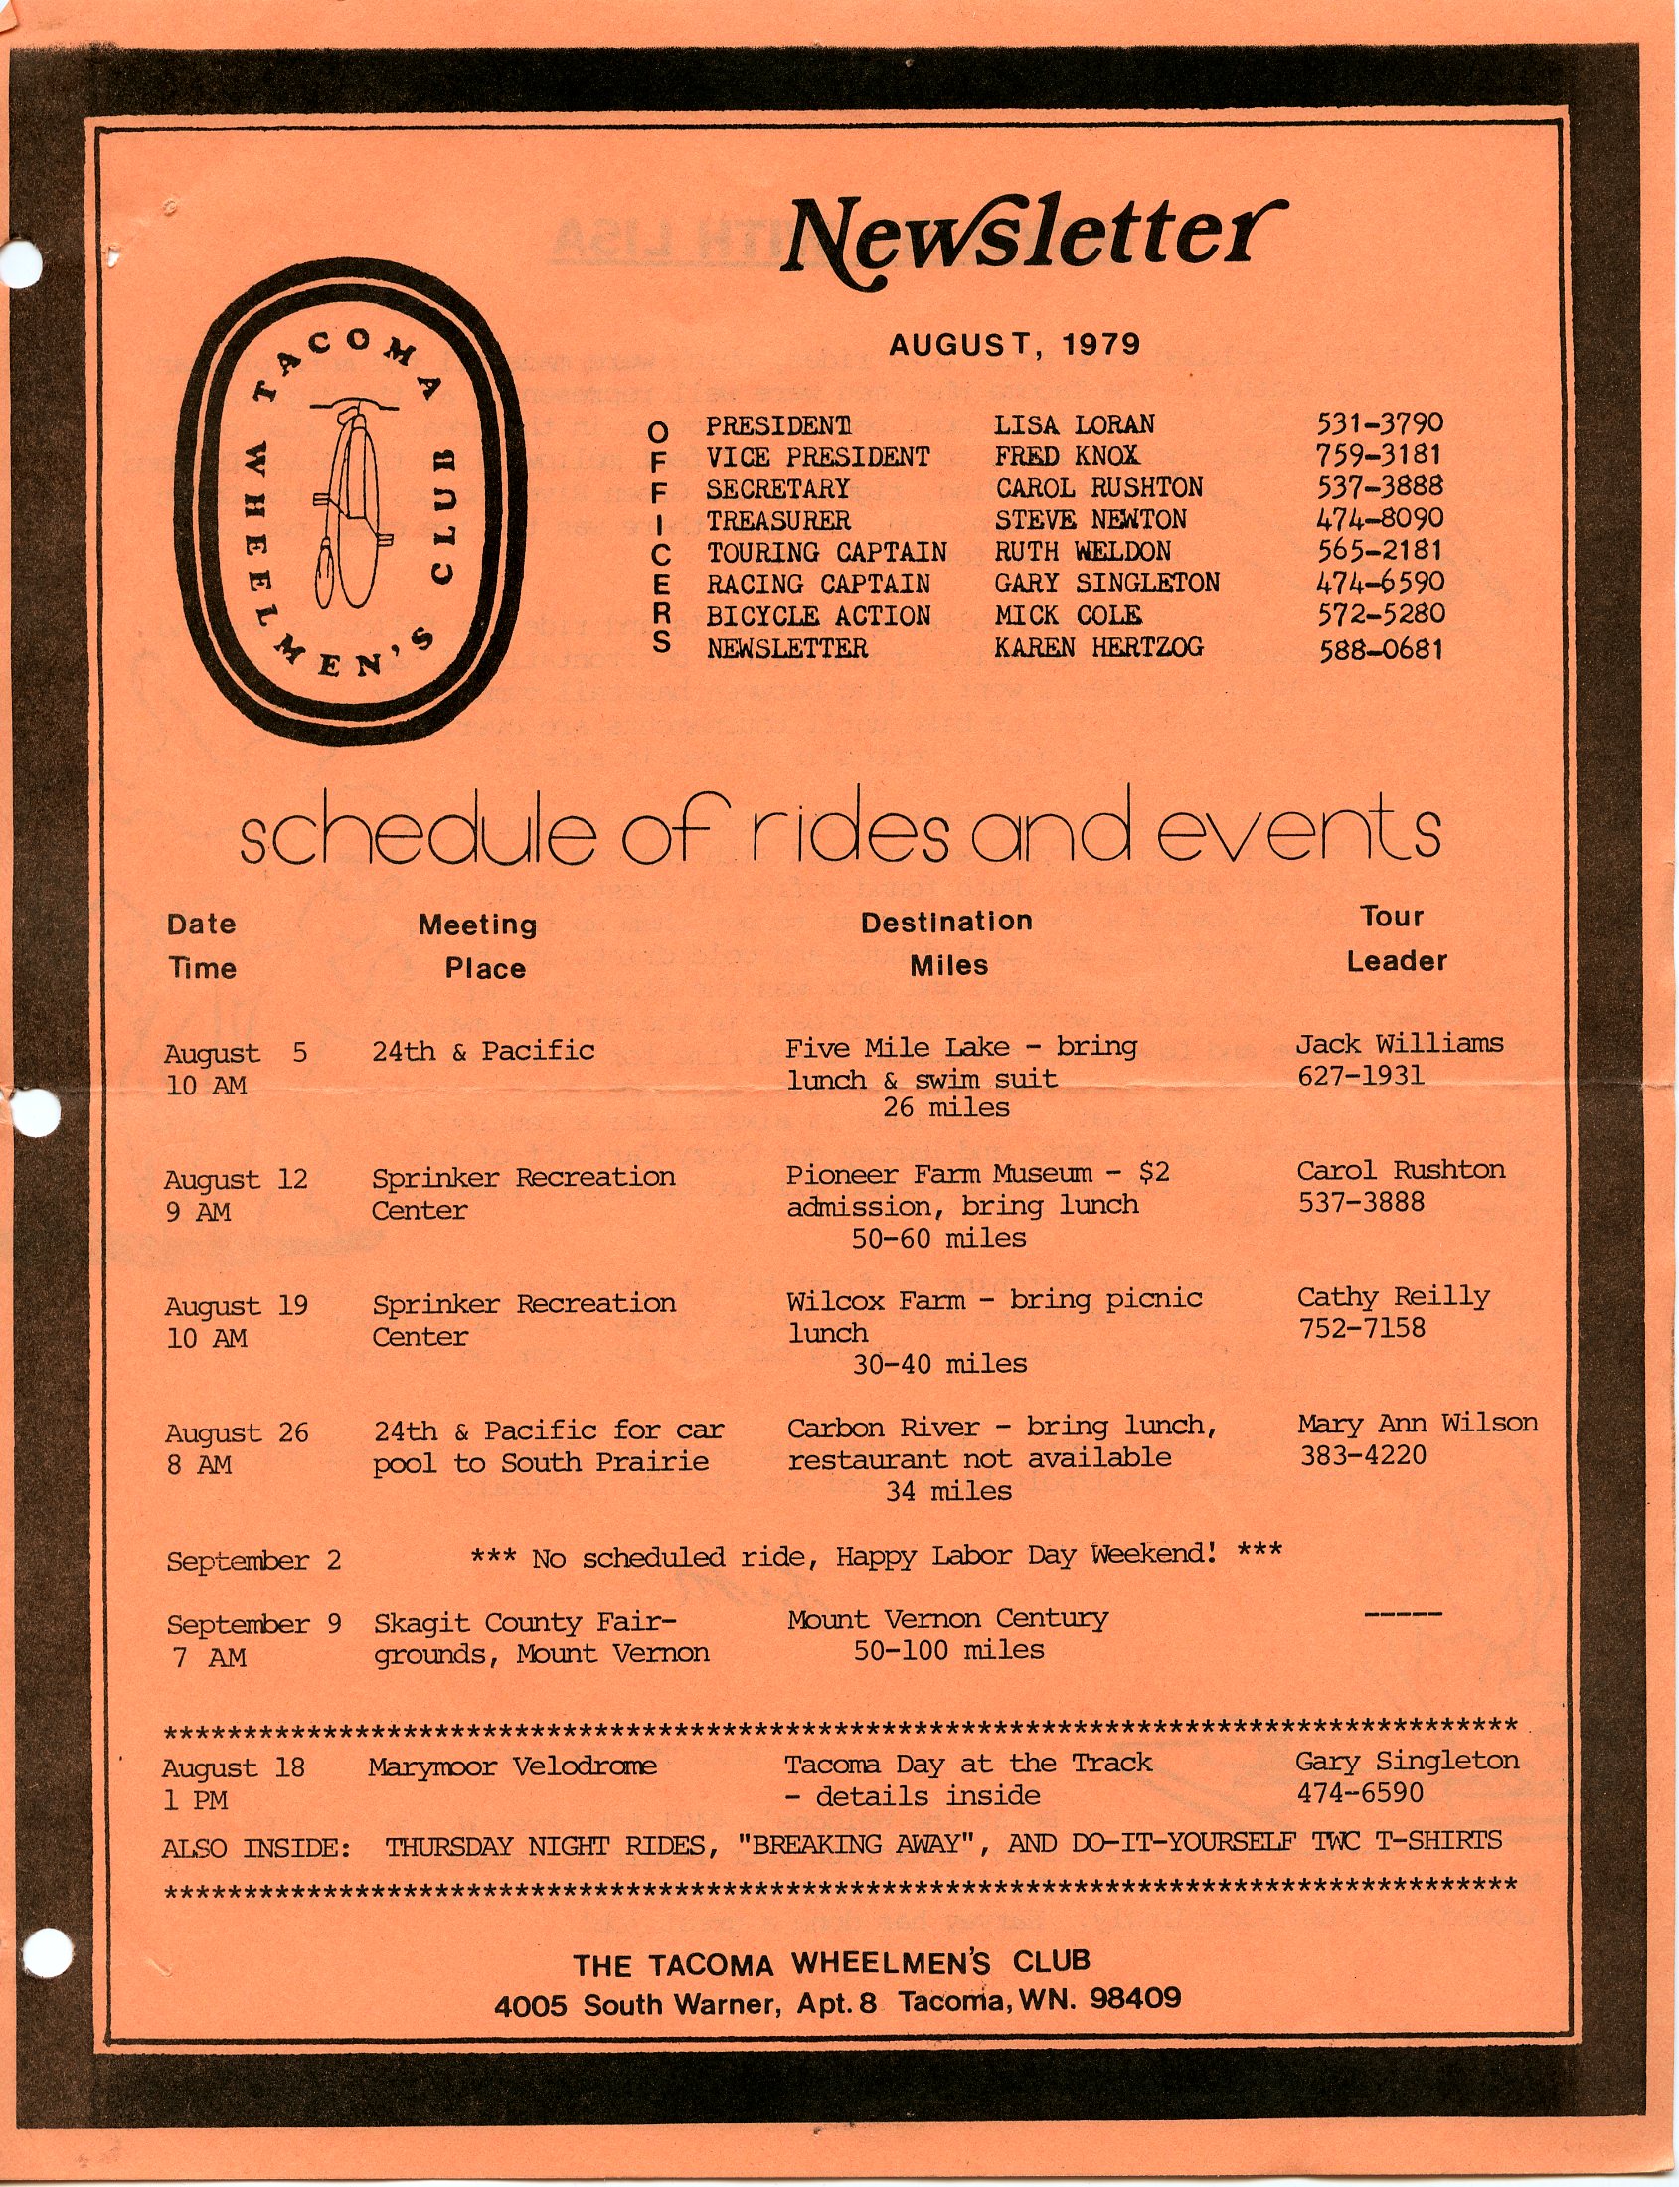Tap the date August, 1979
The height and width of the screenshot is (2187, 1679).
1014,345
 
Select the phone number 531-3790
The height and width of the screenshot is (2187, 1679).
1379,423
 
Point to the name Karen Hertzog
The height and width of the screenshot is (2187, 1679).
1098,648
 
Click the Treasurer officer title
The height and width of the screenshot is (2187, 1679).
778,521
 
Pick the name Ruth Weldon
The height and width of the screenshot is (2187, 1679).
1082,552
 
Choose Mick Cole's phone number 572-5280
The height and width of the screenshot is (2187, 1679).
1380,614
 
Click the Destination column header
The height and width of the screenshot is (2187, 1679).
946,922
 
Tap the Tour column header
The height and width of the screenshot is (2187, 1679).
1391,917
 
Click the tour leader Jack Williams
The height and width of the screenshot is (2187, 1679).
1400,1044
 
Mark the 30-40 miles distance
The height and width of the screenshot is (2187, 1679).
939,1363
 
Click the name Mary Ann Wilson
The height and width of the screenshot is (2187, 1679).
1418,1424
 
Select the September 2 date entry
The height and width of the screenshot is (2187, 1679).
253,1561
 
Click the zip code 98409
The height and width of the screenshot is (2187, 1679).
1135,1998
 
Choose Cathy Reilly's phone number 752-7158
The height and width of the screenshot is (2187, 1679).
1361,1329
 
